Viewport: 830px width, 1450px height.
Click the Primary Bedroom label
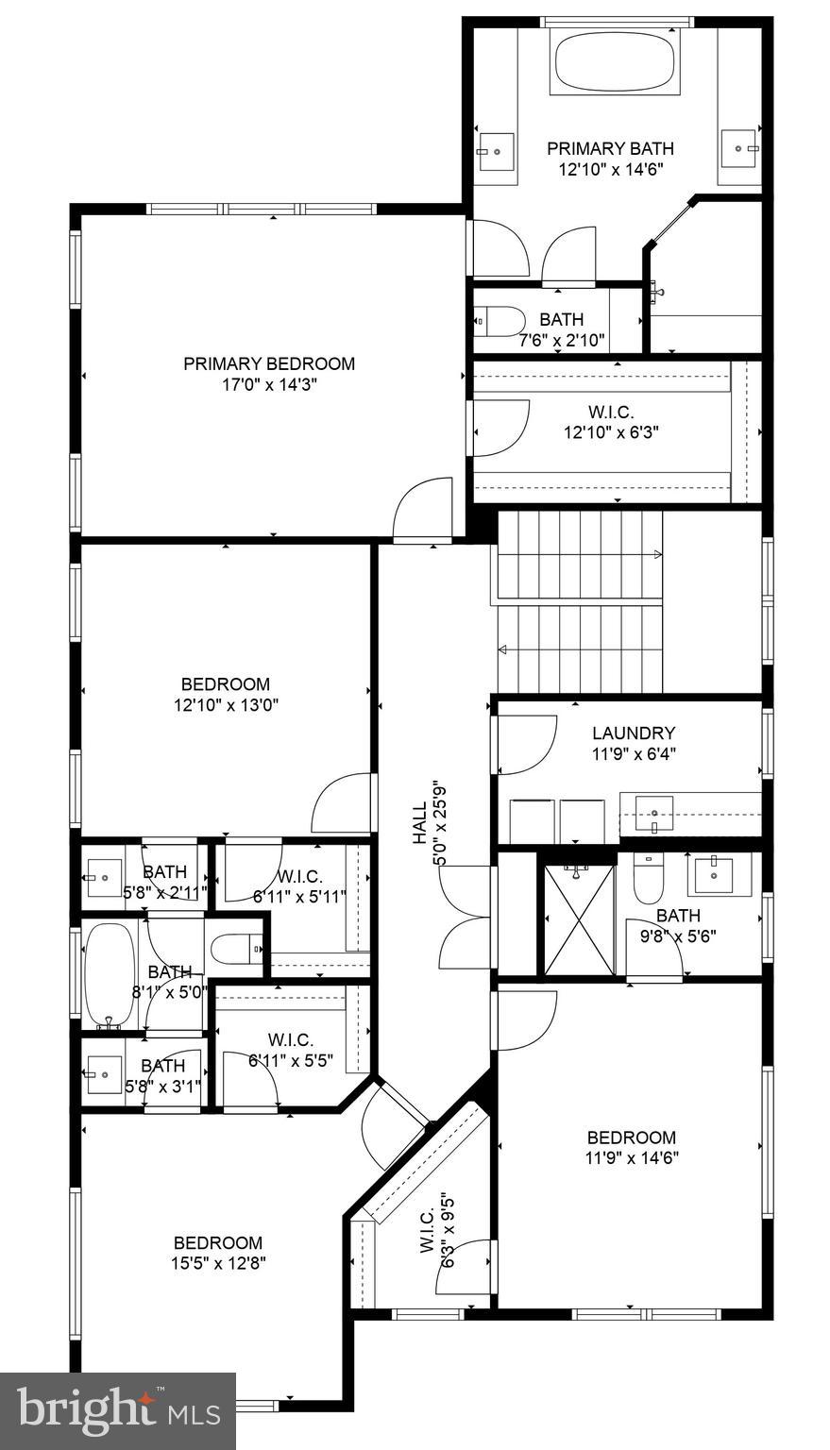[x=269, y=363]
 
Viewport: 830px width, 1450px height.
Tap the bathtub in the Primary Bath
[x=617, y=62]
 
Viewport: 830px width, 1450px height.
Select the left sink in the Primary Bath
[x=494, y=149]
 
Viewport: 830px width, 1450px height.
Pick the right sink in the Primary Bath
[x=738, y=148]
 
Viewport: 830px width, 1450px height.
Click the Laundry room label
[x=634, y=733]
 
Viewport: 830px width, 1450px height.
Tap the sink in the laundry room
[x=653, y=812]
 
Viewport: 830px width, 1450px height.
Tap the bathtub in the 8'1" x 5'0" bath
[x=110, y=974]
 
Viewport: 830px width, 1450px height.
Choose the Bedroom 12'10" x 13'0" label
[x=225, y=694]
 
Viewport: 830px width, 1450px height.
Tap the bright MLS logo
[x=118, y=1410]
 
